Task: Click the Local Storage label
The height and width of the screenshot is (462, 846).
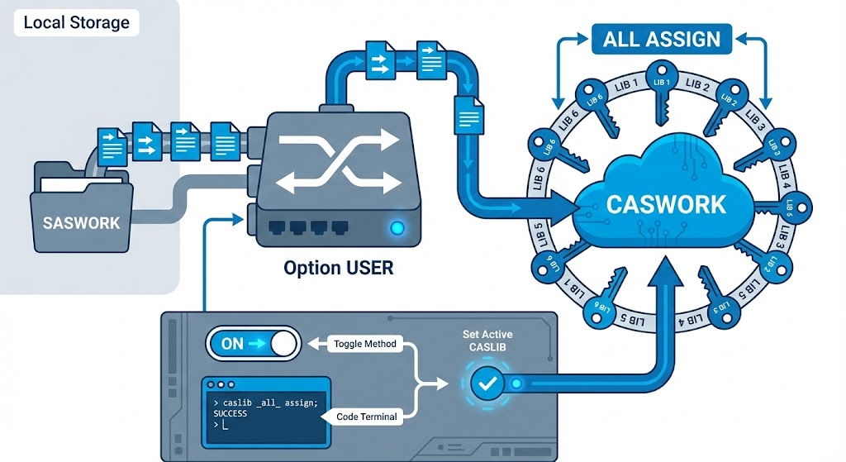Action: [x=76, y=22]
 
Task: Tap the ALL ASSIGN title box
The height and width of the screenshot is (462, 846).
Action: [x=662, y=39]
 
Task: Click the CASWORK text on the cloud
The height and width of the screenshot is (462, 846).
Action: [x=666, y=203]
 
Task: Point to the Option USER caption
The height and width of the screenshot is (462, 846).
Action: [x=339, y=268]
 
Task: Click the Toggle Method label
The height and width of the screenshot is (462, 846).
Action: [x=364, y=344]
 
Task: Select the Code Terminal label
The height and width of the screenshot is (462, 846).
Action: [x=367, y=417]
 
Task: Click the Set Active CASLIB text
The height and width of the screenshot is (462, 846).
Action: [x=487, y=341]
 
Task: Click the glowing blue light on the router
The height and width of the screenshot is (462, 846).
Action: [x=397, y=227]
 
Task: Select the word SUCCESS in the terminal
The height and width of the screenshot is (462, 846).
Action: [x=231, y=412]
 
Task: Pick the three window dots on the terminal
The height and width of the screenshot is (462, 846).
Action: [x=221, y=385]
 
